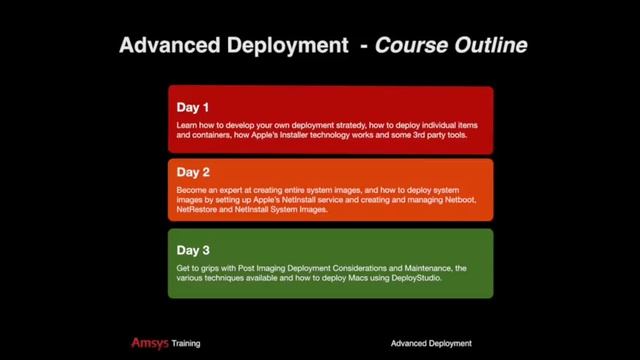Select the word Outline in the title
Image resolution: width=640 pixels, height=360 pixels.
coord(490,45)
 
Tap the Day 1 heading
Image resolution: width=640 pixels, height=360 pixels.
coord(193,107)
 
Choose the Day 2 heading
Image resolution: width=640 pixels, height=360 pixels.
coord(193,172)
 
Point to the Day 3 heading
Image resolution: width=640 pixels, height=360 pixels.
coord(193,250)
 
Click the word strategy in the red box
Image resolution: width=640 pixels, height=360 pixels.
coord(355,125)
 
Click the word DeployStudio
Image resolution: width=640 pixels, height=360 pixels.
coord(410,278)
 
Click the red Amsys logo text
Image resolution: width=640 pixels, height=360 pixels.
coord(149,343)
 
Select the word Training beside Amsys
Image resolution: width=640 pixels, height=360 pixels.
coord(185,343)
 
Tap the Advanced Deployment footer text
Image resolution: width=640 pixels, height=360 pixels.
coord(431,343)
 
